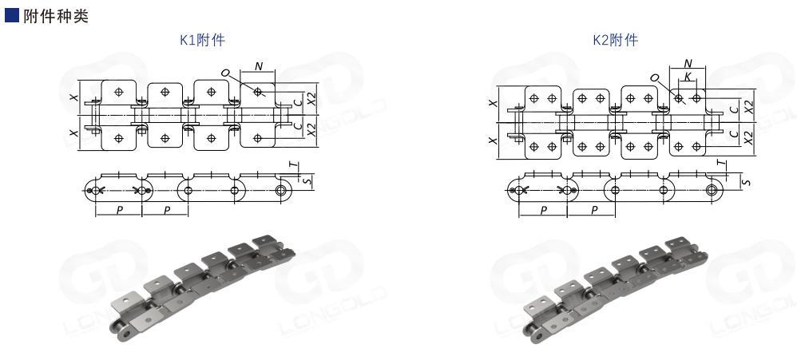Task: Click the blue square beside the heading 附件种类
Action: point(12,15)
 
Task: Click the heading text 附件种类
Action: point(56,16)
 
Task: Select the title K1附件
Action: point(202,40)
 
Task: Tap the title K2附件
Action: point(616,40)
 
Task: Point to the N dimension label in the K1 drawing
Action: point(259,66)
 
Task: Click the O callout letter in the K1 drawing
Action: point(226,73)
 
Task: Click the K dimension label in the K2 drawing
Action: point(688,77)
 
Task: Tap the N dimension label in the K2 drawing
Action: point(688,64)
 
